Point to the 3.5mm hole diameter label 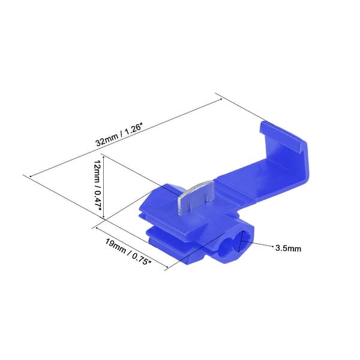coord(288,247)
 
